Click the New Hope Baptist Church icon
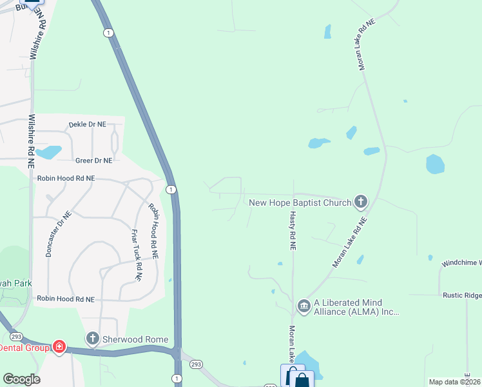[361, 203]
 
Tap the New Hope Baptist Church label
[300, 203]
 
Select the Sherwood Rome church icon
[93, 339]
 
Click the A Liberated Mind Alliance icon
[304, 304]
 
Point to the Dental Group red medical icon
[59, 347]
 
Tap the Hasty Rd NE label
[292, 231]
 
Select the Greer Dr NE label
[93, 161]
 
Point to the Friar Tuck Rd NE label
[136, 255]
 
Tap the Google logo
[21, 379]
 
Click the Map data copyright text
[455, 382]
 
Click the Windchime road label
[461, 264]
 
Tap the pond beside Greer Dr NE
[48, 152]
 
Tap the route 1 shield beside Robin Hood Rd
[170, 189]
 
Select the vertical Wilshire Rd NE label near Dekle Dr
[30, 142]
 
